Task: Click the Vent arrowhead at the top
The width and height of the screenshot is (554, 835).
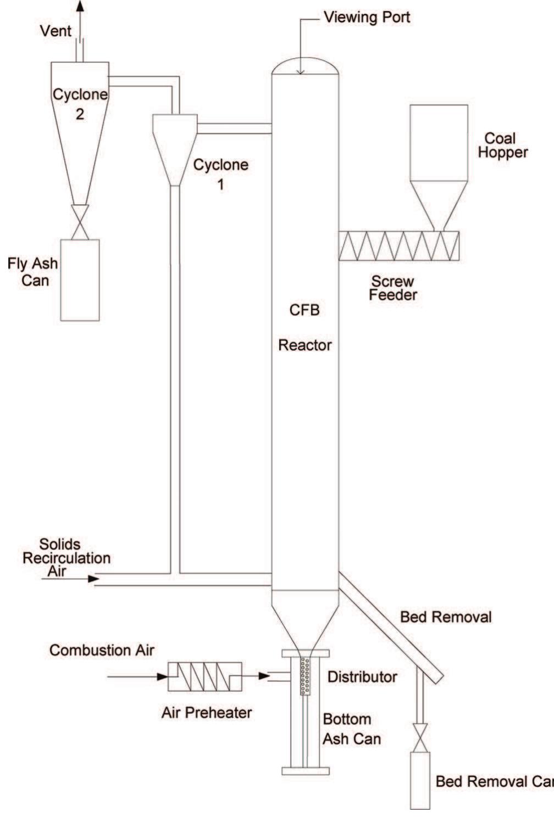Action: click(80, 6)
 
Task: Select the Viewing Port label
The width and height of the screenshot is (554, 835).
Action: click(367, 17)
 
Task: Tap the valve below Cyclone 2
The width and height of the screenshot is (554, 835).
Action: click(80, 222)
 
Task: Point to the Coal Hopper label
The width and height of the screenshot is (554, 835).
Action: click(502, 145)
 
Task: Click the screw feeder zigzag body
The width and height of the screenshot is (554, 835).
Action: click(398, 245)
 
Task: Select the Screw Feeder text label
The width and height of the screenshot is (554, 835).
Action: click(393, 288)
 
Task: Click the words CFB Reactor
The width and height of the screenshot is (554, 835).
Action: click(304, 328)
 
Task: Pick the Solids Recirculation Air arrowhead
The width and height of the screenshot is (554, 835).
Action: click(93, 578)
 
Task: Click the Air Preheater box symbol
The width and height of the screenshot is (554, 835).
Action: click(204, 676)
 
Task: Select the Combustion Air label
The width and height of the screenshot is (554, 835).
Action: click(102, 650)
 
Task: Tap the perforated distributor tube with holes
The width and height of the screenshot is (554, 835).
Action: click(305, 675)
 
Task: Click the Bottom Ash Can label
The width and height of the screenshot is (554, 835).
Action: click(351, 728)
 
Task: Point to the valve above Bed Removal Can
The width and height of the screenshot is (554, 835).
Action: click(420, 738)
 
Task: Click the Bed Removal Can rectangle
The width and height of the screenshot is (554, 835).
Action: click(420, 780)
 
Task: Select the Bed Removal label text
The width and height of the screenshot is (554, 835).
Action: click(445, 617)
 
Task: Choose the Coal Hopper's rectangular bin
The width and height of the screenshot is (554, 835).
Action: click(439, 142)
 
